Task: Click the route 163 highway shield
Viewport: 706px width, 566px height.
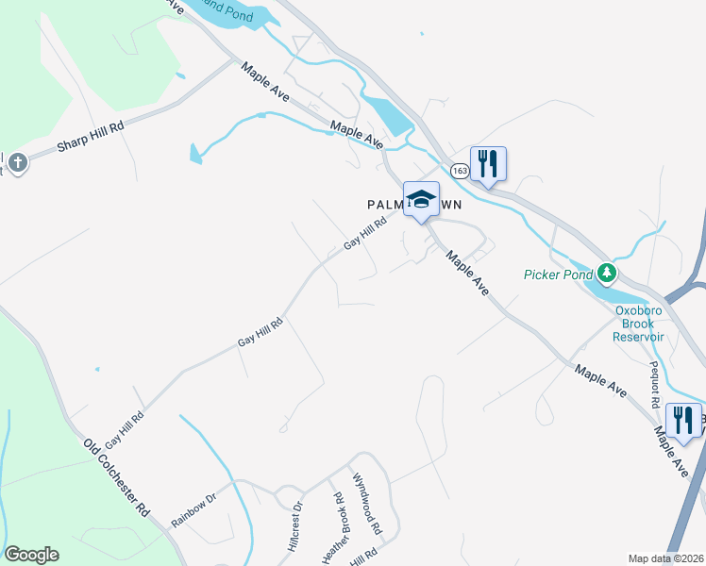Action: pos(459,170)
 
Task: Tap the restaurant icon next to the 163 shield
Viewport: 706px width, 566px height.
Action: pos(488,164)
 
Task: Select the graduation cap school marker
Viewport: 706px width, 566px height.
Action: pos(421,199)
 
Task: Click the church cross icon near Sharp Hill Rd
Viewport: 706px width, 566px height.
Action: pos(17,164)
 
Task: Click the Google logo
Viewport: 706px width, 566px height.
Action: pos(31,555)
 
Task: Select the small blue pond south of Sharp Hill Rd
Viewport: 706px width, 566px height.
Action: pos(195,153)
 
